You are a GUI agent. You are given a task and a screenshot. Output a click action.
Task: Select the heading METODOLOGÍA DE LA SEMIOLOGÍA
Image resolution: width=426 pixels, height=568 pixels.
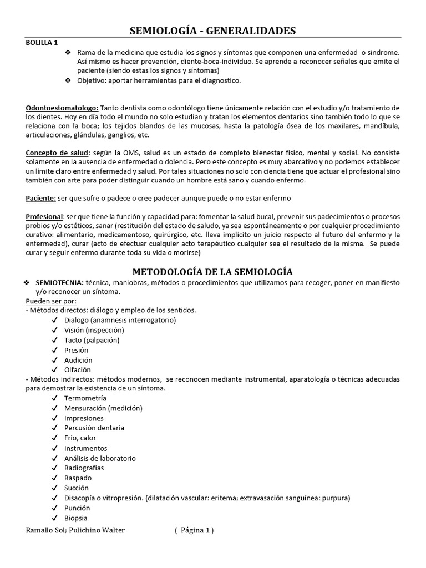point(213,271)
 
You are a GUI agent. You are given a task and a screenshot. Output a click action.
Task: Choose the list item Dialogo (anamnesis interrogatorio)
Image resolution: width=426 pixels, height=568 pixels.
point(120,321)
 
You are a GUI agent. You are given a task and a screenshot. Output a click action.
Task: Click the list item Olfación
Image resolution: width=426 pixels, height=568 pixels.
point(78,369)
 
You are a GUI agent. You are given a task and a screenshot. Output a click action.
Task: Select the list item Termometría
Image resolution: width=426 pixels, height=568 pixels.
point(85,398)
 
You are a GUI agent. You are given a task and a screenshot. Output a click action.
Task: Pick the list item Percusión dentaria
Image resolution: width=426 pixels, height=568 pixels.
point(94,428)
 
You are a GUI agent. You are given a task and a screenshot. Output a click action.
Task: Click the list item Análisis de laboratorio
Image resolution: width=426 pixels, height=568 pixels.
point(100,458)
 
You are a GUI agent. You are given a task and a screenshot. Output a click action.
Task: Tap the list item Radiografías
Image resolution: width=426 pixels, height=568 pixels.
point(84,468)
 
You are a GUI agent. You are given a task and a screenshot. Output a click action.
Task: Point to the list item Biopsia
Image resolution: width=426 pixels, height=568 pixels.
point(76,518)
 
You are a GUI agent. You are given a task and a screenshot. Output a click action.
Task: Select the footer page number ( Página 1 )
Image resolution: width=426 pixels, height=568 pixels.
point(193,530)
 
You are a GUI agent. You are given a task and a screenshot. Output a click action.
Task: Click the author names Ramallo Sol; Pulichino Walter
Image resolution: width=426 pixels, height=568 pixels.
point(75,530)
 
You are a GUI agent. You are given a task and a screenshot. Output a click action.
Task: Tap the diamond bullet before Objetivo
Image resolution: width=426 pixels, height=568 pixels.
point(68,80)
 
